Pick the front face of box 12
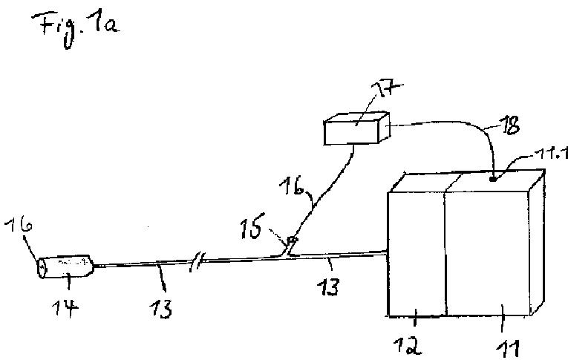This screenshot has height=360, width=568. pyautogui.click(x=416, y=256)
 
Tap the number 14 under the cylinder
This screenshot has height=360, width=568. pyautogui.click(x=68, y=304)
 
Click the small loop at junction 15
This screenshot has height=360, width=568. pyautogui.click(x=292, y=240)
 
